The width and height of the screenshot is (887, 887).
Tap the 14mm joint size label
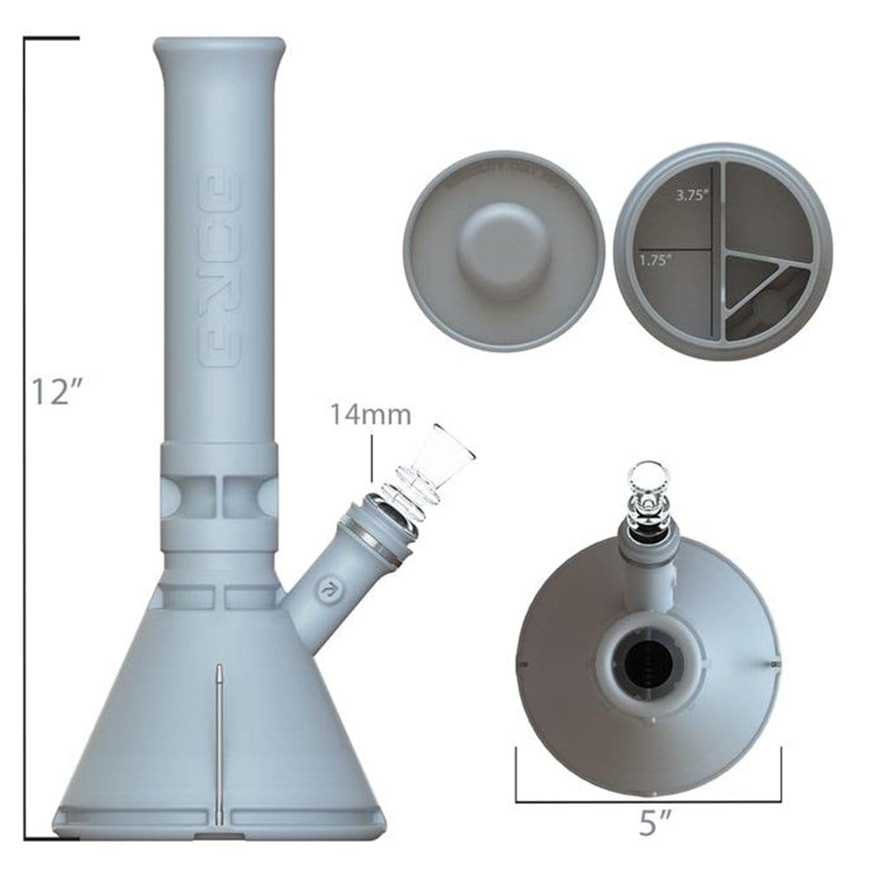370,414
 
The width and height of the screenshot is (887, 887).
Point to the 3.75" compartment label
690,196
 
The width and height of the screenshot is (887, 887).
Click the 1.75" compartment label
657,259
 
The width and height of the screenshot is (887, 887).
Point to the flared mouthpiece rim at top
219,47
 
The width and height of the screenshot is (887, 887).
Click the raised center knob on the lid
503,237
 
